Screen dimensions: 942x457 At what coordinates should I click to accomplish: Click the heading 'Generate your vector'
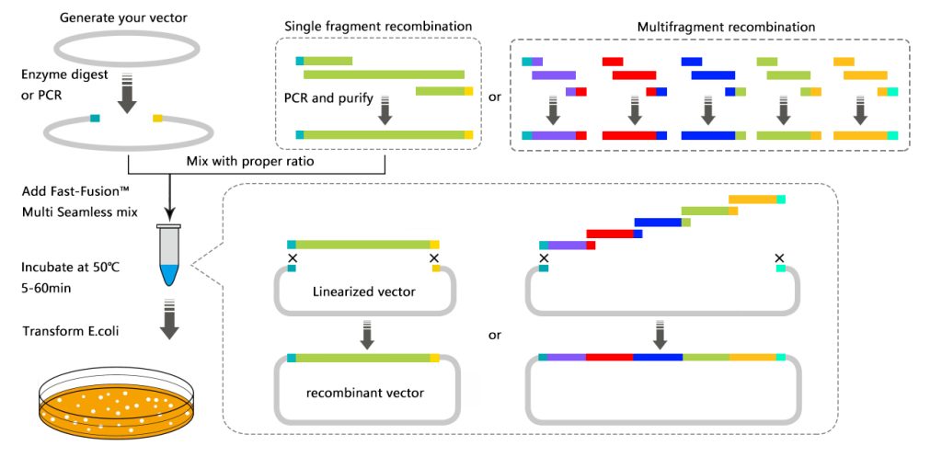124,17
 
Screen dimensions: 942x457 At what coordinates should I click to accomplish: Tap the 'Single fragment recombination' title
377,27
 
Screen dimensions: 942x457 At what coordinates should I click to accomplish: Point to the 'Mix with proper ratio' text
250,162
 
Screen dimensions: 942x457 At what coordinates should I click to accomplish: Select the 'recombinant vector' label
364,394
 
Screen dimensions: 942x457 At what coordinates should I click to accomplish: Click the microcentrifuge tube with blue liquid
170,254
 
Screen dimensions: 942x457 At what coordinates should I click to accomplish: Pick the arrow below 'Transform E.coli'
170,319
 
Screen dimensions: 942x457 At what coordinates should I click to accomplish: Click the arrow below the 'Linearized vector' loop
368,335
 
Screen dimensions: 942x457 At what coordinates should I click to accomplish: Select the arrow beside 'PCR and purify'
385,110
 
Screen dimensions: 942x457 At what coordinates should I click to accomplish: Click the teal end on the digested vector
95,119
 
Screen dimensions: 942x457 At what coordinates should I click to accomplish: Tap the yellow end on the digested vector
157,119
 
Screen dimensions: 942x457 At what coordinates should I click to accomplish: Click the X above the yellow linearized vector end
435,258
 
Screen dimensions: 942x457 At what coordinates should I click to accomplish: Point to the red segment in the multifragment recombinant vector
609,357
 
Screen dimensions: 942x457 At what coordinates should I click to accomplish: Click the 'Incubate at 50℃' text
70,268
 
